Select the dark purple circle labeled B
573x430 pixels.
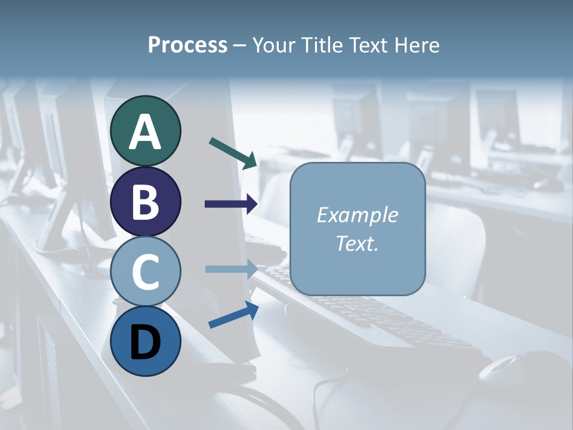tap(145, 201)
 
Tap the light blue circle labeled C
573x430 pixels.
tap(145, 272)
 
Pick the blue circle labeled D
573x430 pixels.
tap(145, 342)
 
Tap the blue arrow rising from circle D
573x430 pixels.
tap(233, 315)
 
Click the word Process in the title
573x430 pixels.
tap(187, 45)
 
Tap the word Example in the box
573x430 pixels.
tap(357, 215)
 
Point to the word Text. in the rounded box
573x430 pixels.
tap(357, 244)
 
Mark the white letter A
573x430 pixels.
tap(145, 132)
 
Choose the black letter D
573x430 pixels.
tap(145, 342)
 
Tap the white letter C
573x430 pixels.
tap(145, 272)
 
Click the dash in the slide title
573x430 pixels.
tap(240, 46)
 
